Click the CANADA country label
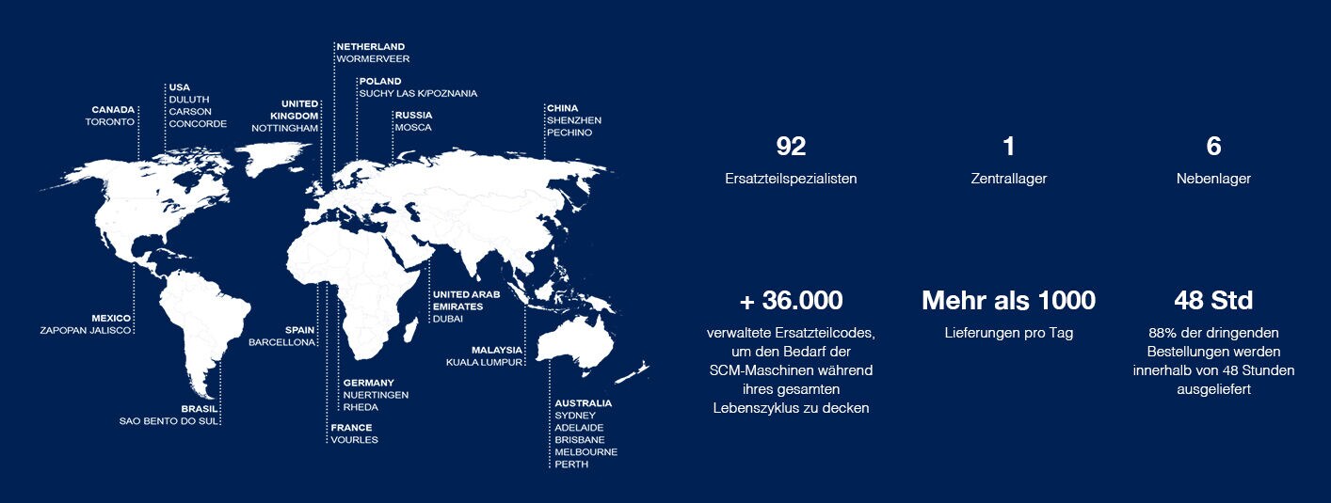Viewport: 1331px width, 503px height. (113, 110)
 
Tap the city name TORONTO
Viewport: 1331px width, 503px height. (110, 122)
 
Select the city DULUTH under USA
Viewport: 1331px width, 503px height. (189, 100)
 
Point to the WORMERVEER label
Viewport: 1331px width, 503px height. (373, 59)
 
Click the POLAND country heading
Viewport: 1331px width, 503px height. (380, 81)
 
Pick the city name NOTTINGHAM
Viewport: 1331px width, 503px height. (284, 128)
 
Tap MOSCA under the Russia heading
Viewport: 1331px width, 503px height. (413, 128)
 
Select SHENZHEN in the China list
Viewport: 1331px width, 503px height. (574, 120)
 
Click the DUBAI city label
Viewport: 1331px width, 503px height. (447, 319)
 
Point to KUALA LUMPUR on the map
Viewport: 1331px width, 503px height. (484, 362)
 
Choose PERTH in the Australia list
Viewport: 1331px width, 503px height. (571, 464)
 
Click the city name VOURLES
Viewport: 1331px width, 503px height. (354, 440)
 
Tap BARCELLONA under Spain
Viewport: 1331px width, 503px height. (281, 343)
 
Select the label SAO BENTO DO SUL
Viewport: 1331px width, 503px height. (168, 421)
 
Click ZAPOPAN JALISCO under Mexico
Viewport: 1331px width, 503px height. (85, 330)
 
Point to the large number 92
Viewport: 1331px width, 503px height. (791, 147)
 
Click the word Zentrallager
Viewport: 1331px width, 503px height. (1008, 179)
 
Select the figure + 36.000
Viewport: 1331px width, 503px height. (791, 301)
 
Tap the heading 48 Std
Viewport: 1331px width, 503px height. (1213, 301)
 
